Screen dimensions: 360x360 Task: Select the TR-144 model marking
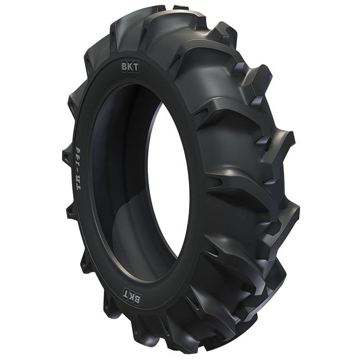tap(79, 169)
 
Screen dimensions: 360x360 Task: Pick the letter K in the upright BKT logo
tap(130, 68)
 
